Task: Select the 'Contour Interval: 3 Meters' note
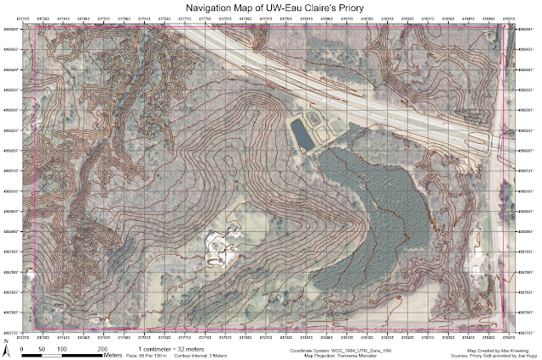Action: (x=208, y=354)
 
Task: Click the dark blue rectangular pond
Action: (x=300, y=131)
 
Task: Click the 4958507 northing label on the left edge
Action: (x=11, y=30)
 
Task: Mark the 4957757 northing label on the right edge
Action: (x=526, y=333)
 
